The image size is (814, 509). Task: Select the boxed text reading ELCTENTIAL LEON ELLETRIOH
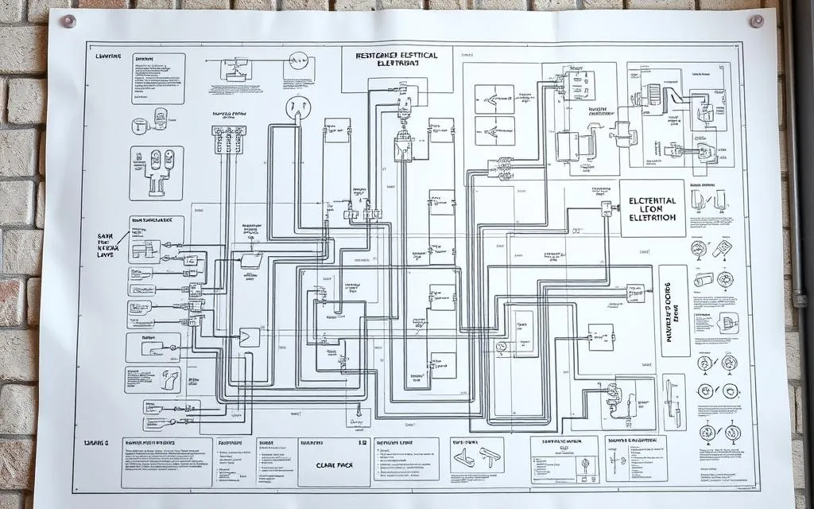click(652, 208)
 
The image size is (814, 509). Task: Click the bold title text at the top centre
click(397, 59)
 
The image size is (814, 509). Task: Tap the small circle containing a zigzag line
click(299, 60)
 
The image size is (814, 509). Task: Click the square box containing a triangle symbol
click(249, 336)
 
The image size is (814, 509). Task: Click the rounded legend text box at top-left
click(158, 79)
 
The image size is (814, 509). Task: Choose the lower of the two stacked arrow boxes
click(494, 131)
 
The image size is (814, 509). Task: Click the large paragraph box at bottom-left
click(167, 461)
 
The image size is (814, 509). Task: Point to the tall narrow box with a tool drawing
click(674, 402)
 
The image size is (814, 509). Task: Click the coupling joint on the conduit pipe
click(800, 301)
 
